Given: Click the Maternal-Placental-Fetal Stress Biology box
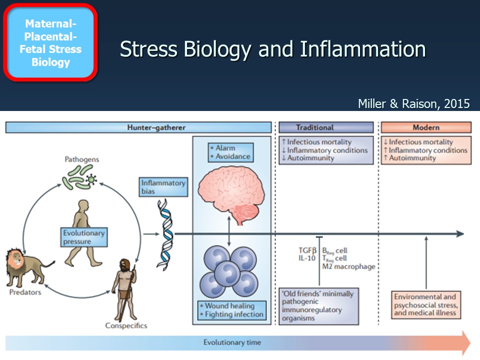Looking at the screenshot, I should (x=50, y=43).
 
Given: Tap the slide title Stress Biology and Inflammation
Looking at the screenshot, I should (x=272, y=50).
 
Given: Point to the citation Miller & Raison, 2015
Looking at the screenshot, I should (x=413, y=103).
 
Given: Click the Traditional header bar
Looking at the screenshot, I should (x=325, y=127).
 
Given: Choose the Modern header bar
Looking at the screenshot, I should (x=426, y=127).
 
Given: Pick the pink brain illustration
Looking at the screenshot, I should (x=231, y=192).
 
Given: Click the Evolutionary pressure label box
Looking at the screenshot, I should (x=83, y=237).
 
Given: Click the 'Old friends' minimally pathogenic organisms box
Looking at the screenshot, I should (x=326, y=306).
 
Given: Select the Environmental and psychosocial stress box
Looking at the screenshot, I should (x=425, y=304).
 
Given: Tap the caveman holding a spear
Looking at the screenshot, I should (x=121, y=289).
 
